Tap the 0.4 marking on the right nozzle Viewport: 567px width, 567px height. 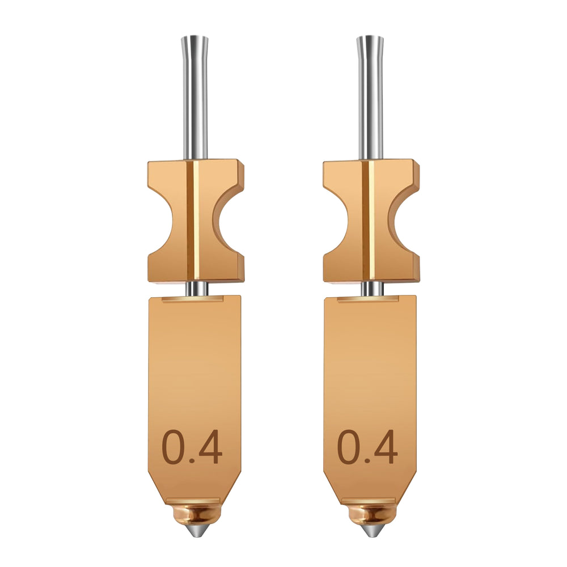point(367,446)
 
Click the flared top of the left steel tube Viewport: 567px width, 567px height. point(194,41)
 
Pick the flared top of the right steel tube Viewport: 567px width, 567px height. point(370,41)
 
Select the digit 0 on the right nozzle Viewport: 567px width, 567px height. point(349,446)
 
